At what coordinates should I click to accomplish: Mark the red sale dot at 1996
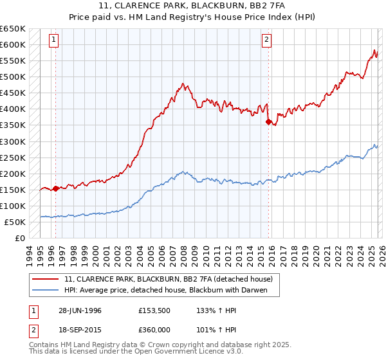[56, 188]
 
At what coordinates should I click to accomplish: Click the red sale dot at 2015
[268, 122]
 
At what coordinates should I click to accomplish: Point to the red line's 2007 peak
[183, 84]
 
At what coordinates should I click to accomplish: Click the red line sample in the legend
[46, 279]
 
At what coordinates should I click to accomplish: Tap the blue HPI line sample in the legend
[46, 290]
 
